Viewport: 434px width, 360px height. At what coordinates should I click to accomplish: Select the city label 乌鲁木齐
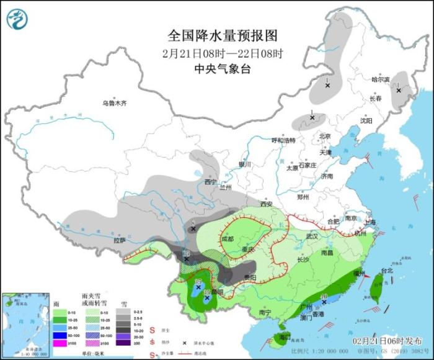point(115,103)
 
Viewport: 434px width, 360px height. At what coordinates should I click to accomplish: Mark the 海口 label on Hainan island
point(285,336)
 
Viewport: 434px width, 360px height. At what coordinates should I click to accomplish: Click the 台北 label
point(387,271)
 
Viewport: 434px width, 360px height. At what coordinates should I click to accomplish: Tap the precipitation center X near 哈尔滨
point(399,91)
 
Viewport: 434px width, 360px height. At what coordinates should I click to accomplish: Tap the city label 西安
point(267,204)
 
